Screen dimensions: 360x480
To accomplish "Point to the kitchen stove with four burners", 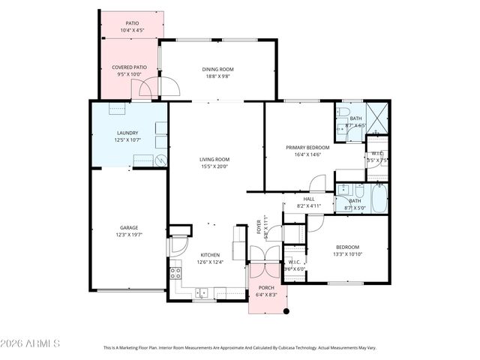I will [x=175, y=273].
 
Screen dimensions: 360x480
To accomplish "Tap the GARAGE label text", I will [x=129, y=227].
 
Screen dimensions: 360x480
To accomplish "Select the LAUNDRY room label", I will [x=127, y=133].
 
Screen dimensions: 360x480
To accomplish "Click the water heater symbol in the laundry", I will [x=160, y=159].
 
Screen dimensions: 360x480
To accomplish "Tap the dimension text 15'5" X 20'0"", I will [x=214, y=166].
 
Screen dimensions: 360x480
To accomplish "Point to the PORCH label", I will [x=266, y=288].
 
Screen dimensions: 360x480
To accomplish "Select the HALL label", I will [x=308, y=199].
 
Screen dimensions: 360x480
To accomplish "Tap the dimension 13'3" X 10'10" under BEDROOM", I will [x=346, y=254].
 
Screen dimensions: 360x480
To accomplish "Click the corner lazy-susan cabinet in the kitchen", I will [x=178, y=245].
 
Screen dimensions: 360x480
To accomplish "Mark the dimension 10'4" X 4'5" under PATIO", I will [x=132, y=31].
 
